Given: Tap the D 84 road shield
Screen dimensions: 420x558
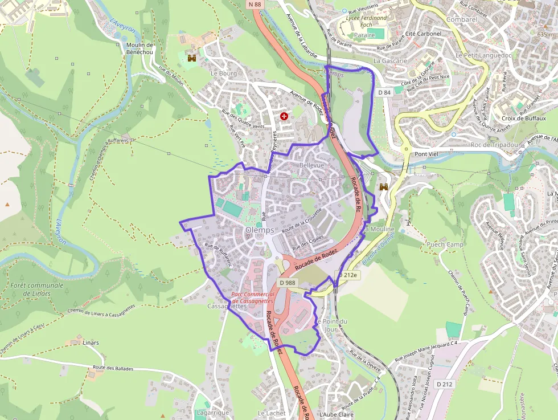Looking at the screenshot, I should (384, 92).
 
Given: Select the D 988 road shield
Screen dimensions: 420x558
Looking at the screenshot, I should (288, 283).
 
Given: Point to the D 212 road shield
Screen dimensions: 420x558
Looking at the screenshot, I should (445, 384).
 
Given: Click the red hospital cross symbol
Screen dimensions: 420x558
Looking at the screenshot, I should (284, 116).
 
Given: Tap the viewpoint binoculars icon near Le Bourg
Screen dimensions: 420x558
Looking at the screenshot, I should (192, 58).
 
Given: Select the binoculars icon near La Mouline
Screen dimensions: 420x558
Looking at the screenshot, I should (384, 186).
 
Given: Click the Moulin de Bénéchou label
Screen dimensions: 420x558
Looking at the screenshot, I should (139, 48).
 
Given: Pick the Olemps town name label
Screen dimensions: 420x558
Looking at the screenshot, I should (260, 230).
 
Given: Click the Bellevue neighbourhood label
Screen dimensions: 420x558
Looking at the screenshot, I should (311, 165).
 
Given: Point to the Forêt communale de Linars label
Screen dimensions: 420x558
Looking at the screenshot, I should (37, 289).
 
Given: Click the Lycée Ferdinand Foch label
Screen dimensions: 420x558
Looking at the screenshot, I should (366, 21).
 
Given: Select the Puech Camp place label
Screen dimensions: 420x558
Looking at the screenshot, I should (445, 244).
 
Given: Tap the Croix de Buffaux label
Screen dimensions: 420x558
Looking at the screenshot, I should (524, 119).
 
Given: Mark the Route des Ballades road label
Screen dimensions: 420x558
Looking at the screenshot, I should (113, 369).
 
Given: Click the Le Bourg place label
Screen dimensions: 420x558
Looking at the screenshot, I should (223, 74).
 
